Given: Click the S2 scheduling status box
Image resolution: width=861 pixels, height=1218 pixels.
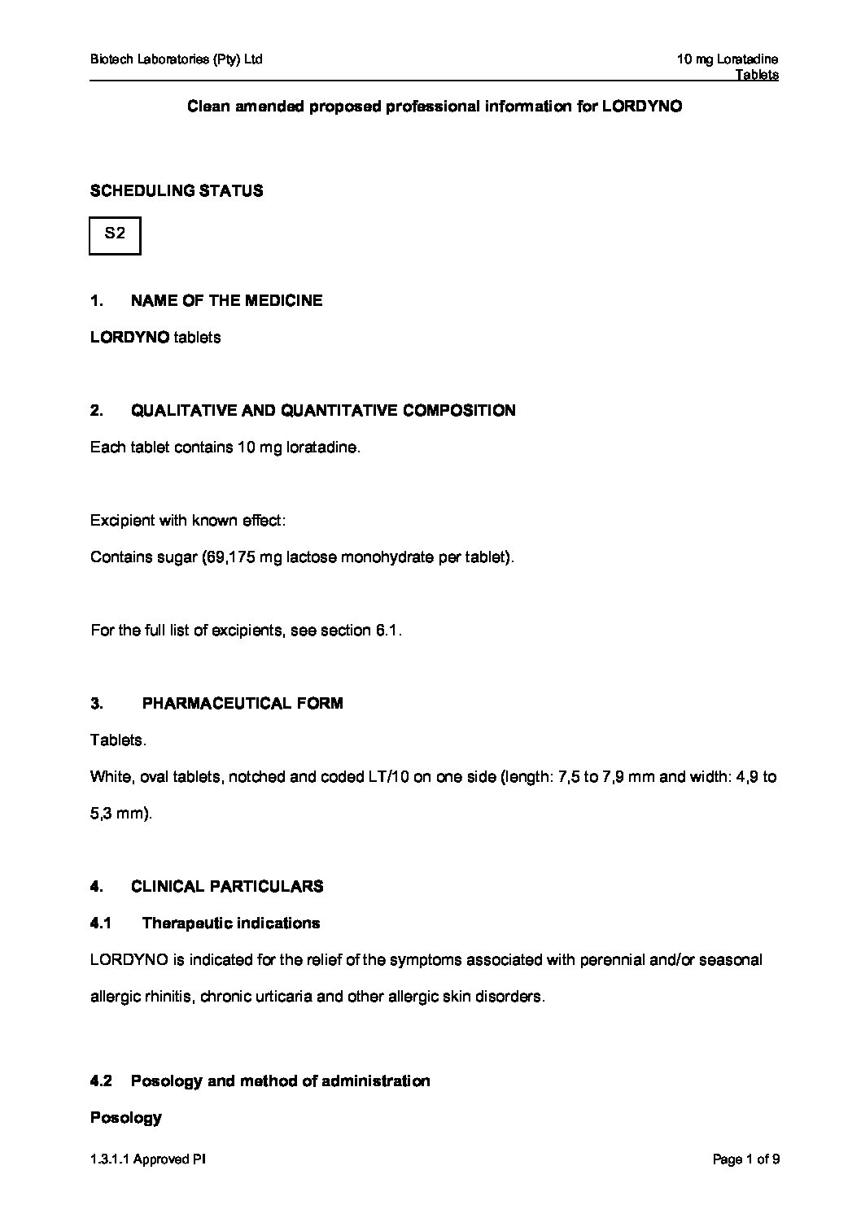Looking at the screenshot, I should (115, 235).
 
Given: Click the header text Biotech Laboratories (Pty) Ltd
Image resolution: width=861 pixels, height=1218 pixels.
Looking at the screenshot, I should (177, 59).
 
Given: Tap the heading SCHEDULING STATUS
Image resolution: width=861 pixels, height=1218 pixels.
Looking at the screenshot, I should (177, 191).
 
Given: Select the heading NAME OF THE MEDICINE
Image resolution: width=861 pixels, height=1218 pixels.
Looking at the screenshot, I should (226, 301).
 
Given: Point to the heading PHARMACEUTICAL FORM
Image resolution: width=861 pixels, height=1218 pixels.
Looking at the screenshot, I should (243, 704).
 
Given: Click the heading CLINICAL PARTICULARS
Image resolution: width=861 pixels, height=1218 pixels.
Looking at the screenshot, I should (227, 887).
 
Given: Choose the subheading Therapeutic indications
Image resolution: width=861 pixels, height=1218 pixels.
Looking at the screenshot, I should (231, 923).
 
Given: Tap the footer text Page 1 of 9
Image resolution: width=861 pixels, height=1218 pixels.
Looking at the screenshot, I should (745, 1160).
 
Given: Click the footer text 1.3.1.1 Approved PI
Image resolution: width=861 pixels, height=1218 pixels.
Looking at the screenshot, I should (148, 1160).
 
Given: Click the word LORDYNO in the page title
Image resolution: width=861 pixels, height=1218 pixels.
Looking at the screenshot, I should (641, 107).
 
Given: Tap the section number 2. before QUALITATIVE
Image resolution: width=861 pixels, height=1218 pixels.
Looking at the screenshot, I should (97, 411).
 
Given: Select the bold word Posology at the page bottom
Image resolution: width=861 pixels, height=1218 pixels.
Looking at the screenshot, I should (126, 1118).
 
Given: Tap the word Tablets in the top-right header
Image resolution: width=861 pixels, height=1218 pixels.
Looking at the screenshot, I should (757, 75).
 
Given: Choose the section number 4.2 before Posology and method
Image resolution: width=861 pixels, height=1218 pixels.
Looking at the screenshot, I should (101, 1081).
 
